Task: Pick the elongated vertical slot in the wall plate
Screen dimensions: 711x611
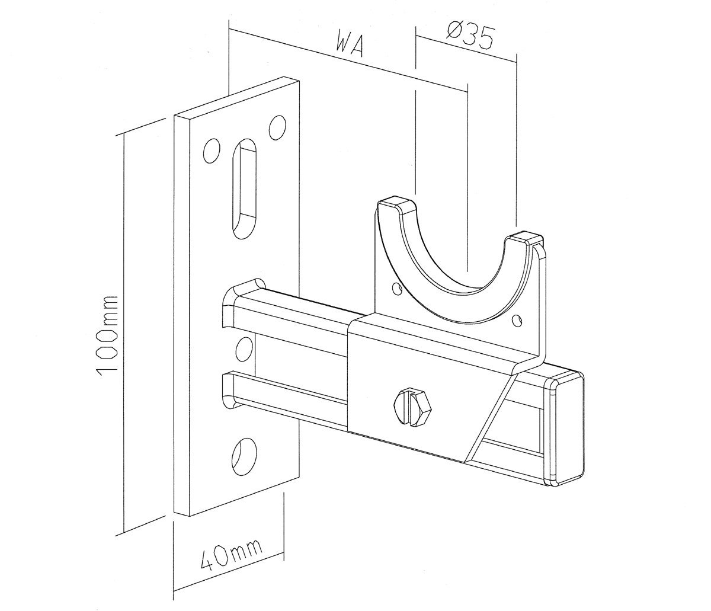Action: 245,189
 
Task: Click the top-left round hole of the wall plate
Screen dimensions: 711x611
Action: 212,151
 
